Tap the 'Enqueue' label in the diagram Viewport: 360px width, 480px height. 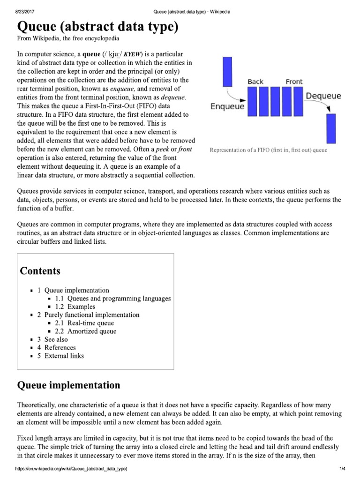point(227,106)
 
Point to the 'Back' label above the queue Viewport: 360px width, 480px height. point(255,82)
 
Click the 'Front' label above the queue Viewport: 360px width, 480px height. point(294,82)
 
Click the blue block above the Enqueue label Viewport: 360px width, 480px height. point(228,71)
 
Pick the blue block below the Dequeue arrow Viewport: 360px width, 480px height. point(331,128)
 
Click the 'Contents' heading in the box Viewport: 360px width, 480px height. point(40,271)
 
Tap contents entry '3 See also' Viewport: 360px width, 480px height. point(52,339)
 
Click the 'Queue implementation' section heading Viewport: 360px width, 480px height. point(68,386)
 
